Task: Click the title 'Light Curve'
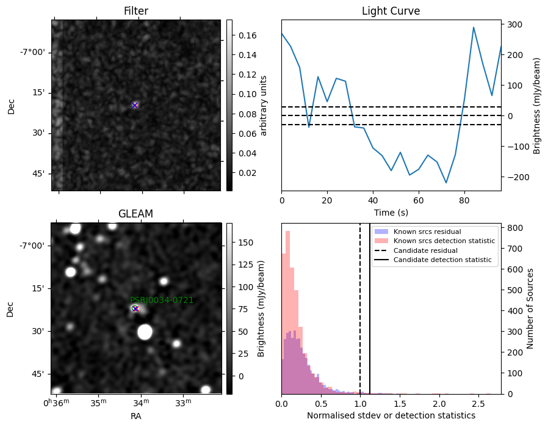point(391,11)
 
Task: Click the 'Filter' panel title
point(136,11)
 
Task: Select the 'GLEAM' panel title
point(135,213)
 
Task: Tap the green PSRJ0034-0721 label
point(162,300)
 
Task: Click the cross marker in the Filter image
point(134,105)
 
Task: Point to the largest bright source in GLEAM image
point(145,332)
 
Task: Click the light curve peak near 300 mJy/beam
point(474,27)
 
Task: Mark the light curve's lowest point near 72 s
point(446,183)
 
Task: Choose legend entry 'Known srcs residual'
point(427,232)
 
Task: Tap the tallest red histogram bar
point(288,312)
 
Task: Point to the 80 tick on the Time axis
point(464,200)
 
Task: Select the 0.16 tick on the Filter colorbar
point(247,35)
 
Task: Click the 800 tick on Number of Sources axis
point(515,228)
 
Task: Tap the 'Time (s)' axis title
point(391,212)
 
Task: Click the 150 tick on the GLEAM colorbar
point(246,243)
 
